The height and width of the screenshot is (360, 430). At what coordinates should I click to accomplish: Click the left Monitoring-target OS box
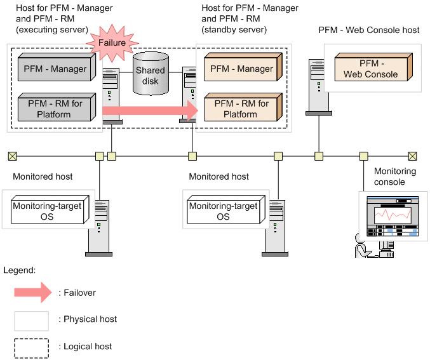point(48,211)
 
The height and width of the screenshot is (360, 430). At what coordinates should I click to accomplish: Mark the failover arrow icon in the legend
point(32,293)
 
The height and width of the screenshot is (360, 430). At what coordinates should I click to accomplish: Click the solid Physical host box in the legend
point(32,320)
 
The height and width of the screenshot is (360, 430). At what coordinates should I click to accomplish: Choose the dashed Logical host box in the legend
point(32,347)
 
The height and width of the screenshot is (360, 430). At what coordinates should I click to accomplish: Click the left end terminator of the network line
point(12,155)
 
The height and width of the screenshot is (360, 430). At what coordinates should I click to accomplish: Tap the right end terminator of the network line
point(412,155)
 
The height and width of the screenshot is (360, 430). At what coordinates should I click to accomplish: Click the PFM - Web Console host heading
point(369,30)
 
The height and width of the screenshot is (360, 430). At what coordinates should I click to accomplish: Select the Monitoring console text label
point(394,177)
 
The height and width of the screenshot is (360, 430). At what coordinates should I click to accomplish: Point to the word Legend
point(19,270)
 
